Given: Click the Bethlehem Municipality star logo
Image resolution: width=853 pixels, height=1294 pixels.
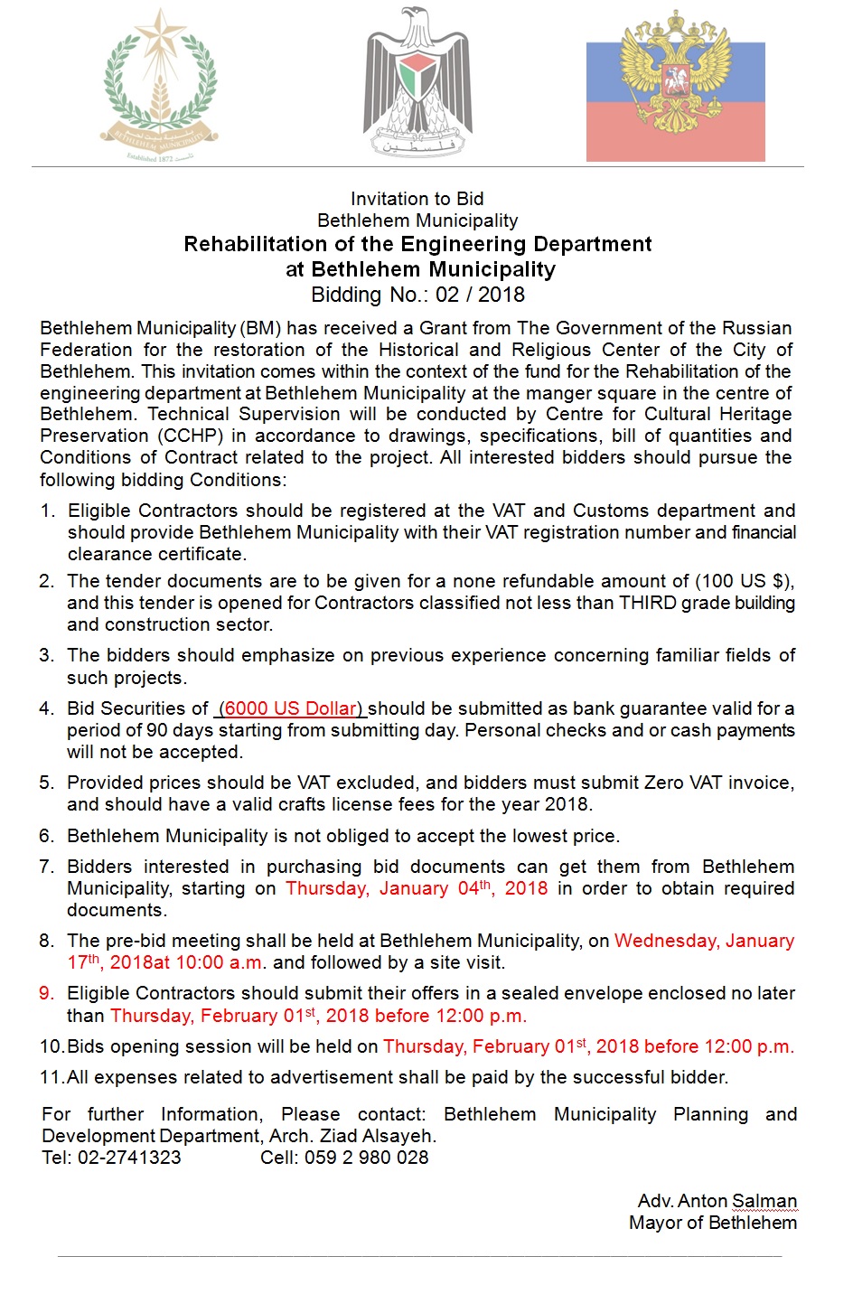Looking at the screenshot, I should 160,86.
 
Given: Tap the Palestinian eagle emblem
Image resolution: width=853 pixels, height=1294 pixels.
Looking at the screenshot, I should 417,83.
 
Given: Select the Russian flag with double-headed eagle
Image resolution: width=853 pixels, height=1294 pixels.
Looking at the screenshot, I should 675,87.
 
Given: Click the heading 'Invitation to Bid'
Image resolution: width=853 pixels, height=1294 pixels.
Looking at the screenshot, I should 417,199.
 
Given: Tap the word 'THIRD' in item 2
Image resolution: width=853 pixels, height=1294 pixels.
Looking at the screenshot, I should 649,603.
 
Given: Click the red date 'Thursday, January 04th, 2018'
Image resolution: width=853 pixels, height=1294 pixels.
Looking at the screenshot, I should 417,888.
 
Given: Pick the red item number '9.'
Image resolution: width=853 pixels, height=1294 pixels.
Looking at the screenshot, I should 47,993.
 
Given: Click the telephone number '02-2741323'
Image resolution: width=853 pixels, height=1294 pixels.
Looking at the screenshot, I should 129,1158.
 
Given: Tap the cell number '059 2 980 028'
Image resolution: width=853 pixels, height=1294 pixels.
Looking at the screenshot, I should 366,1158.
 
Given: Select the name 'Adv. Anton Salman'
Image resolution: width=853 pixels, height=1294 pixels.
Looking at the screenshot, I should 717,1201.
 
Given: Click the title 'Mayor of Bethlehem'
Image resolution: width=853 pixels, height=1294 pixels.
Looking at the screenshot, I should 712,1223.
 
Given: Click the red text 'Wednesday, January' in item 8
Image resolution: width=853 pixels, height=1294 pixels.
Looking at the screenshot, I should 704,941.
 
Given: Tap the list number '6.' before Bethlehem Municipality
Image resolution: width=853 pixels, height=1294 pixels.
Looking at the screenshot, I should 47,836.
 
